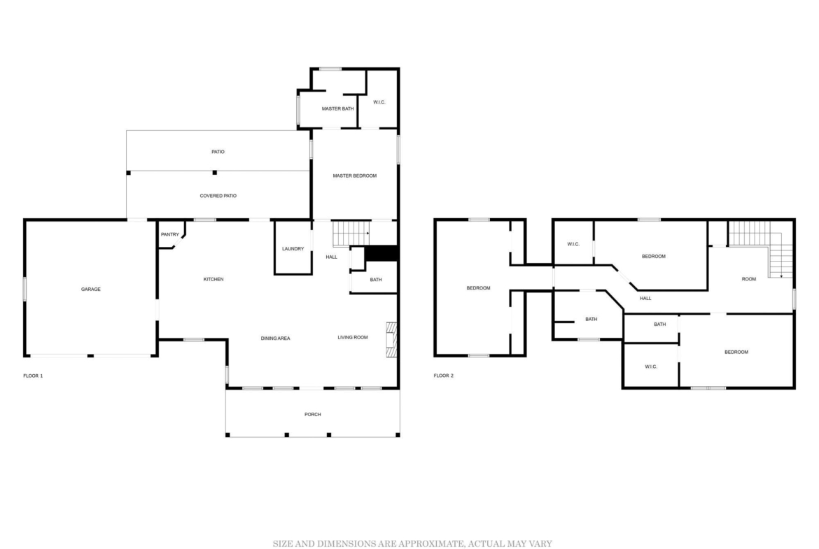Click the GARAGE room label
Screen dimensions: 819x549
point(91,289)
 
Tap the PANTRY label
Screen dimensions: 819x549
point(170,235)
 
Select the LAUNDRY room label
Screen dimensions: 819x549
point(293,249)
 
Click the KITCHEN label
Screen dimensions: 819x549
point(213,279)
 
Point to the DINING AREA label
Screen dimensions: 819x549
point(275,338)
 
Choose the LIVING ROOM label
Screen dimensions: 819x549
point(353,338)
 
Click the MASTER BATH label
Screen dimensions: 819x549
point(337,109)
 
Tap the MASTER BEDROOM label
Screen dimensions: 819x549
point(355,176)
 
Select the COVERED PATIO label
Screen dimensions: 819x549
point(218,197)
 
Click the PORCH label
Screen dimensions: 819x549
point(313,414)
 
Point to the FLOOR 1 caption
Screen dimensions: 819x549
point(33,376)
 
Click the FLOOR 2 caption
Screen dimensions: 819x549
point(444,376)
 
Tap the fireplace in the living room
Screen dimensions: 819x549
point(391,340)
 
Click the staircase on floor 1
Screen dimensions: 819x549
point(351,234)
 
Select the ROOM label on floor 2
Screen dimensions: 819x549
point(749,279)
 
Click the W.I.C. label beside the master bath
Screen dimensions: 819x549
point(379,102)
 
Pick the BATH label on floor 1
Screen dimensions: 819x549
point(376,280)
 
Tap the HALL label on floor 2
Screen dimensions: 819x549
point(645,299)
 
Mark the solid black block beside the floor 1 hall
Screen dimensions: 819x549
point(381,253)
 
